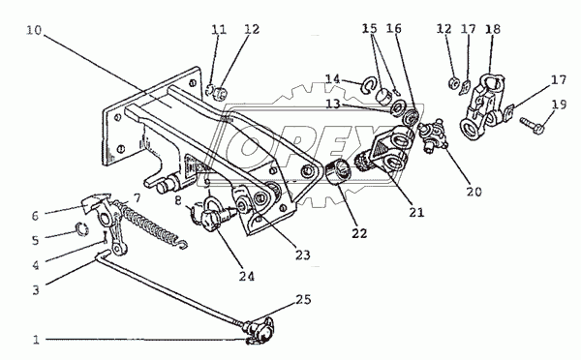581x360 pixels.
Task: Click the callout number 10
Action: tap(34, 30)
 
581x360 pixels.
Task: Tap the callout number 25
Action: tap(303, 299)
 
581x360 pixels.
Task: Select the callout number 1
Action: tap(36, 340)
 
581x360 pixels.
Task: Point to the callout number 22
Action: tap(359, 233)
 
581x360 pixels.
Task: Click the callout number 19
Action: tap(559, 105)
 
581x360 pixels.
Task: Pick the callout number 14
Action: tap(333, 79)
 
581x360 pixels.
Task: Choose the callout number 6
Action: tap(35, 216)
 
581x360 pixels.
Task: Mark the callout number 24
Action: tap(247, 277)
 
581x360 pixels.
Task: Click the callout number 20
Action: tap(474, 192)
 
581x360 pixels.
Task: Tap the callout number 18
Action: tap(493, 29)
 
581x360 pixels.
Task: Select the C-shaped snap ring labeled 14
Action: tap(368, 85)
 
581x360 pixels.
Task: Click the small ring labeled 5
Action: tap(82, 229)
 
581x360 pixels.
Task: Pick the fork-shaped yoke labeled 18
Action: tap(482, 107)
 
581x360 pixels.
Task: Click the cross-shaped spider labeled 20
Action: tap(433, 135)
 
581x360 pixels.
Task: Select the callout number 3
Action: tap(36, 289)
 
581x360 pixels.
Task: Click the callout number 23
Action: tap(302, 255)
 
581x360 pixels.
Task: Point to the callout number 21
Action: tap(416, 212)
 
